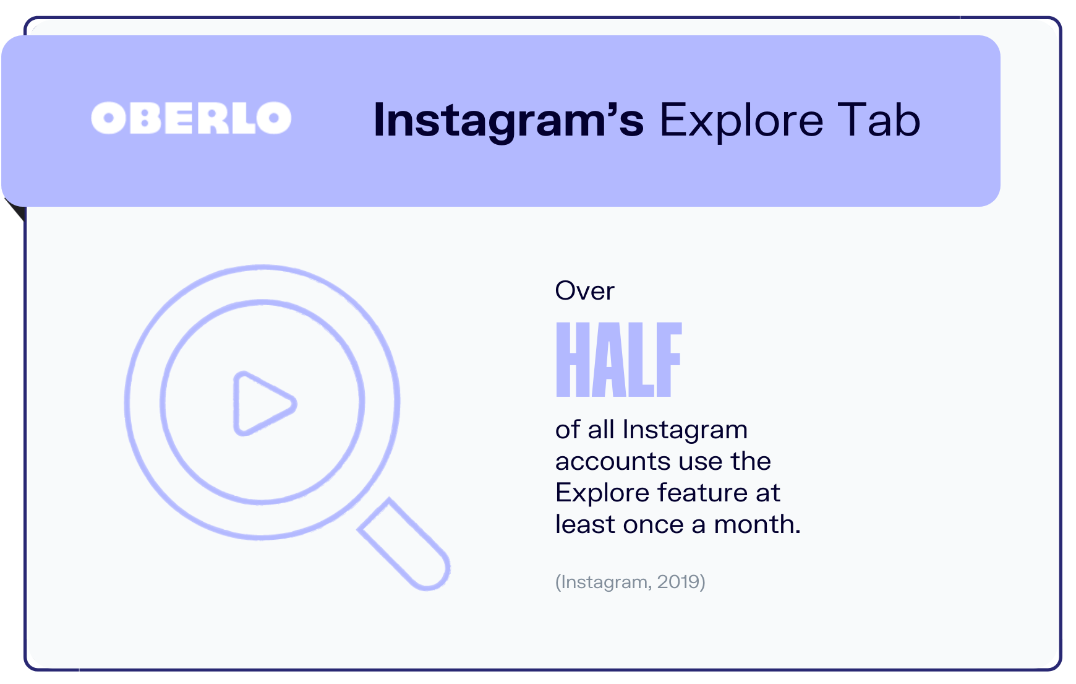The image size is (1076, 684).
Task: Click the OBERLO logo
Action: (191, 118)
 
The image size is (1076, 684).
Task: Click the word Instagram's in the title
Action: (508, 120)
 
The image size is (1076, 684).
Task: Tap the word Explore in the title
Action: (741, 120)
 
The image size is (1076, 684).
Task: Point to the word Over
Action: (584, 291)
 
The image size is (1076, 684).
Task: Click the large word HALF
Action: (618, 360)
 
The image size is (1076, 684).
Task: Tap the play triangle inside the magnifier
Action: (261, 404)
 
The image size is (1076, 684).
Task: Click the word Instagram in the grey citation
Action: (604, 582)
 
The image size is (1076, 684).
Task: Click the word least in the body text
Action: (584, 524)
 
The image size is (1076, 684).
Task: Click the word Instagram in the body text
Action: (685, 430)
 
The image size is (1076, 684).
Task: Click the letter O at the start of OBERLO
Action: (109, 118)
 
